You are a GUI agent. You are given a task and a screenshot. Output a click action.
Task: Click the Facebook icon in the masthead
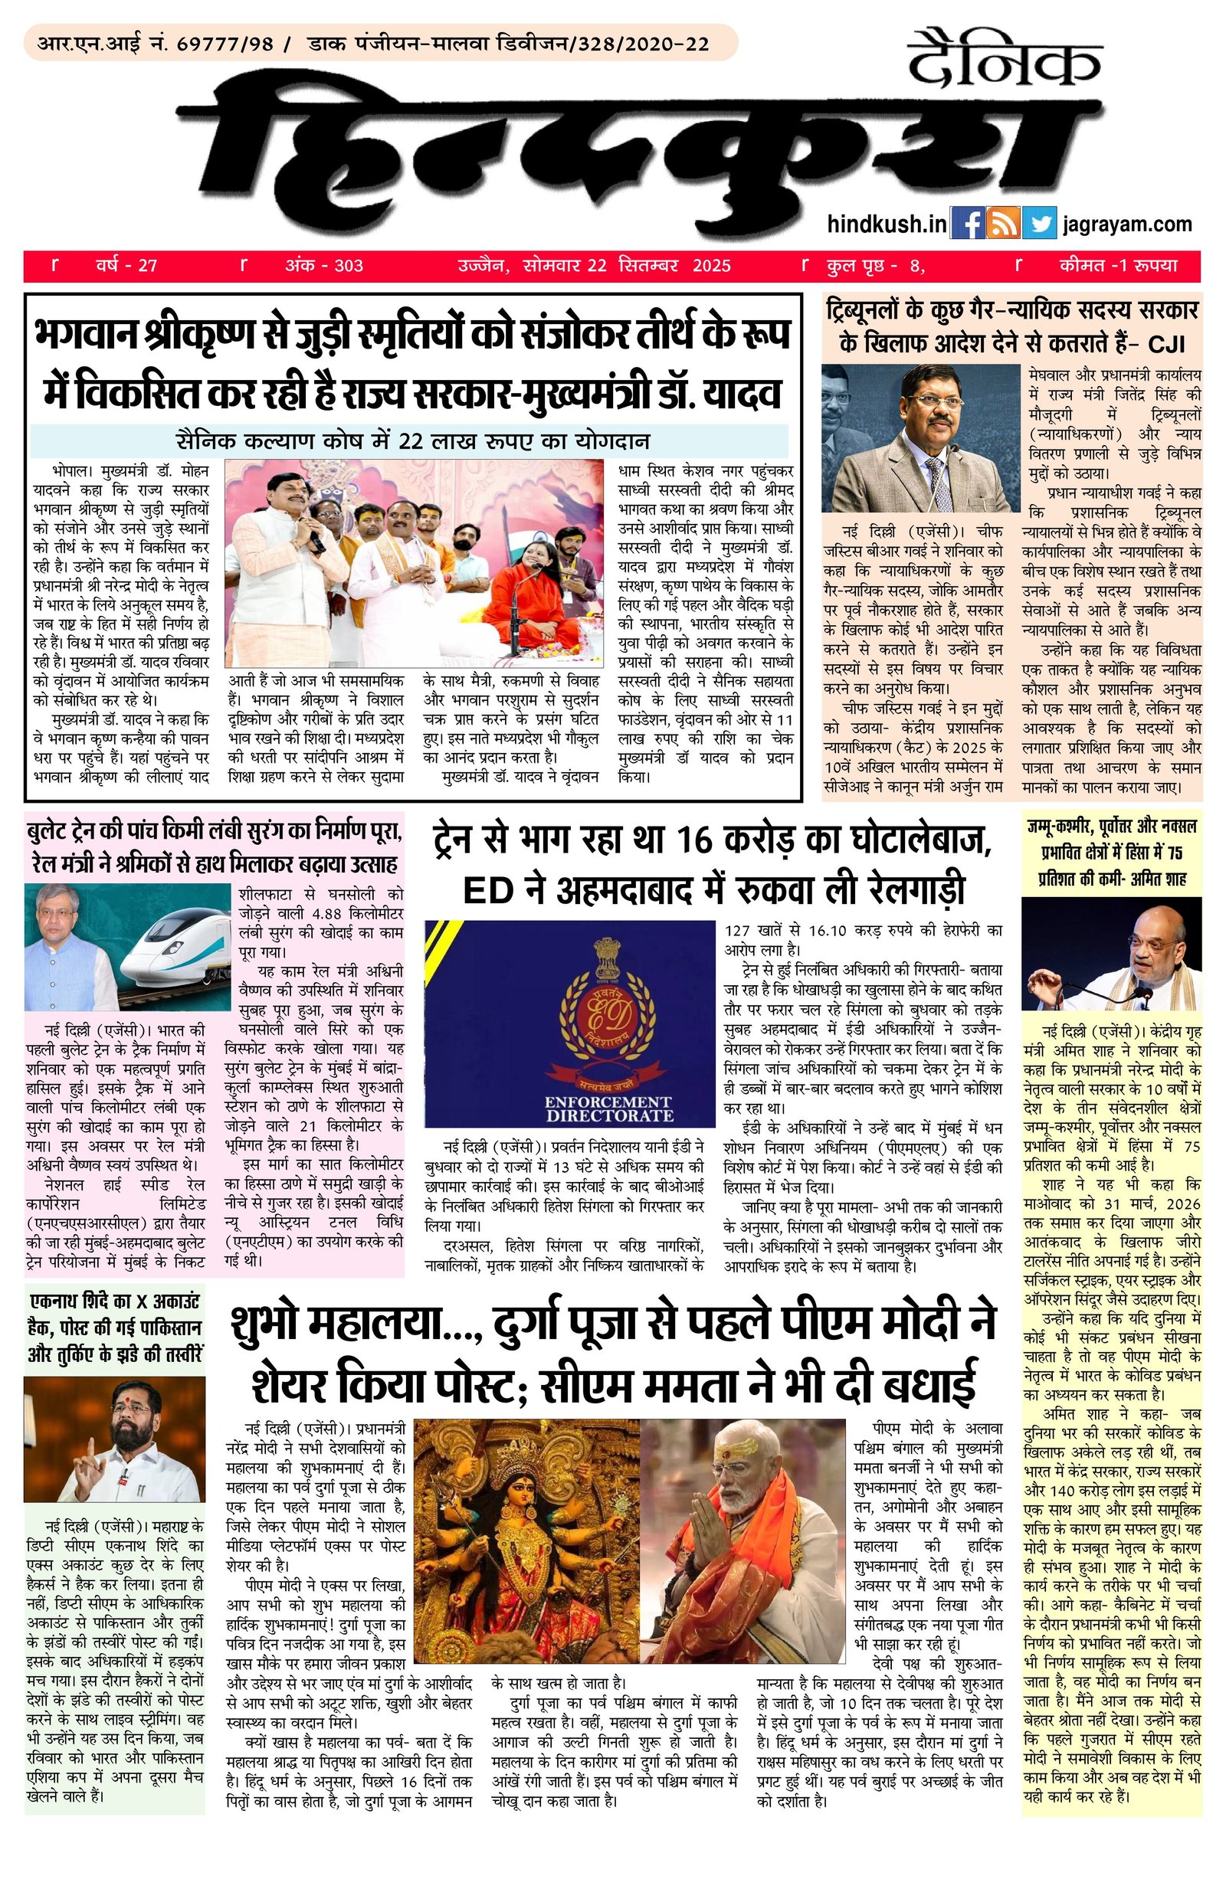click(x=967, y=224)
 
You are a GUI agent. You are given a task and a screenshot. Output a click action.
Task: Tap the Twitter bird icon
click(x=1038, y=224)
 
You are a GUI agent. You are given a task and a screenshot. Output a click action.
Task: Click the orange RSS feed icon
click(x=1002, y=224)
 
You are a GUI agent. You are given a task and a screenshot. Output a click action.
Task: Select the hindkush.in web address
click(x=886, y=224)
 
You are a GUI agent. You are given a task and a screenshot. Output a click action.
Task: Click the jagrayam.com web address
click(x=1127, y=224)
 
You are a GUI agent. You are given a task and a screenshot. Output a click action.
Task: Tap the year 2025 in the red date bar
click(x=711, y=266)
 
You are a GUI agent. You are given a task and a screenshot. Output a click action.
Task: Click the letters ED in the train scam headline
click(x=486, y=890)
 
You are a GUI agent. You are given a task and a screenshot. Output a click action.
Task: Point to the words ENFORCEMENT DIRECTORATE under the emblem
click(x=608, y=1108)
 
